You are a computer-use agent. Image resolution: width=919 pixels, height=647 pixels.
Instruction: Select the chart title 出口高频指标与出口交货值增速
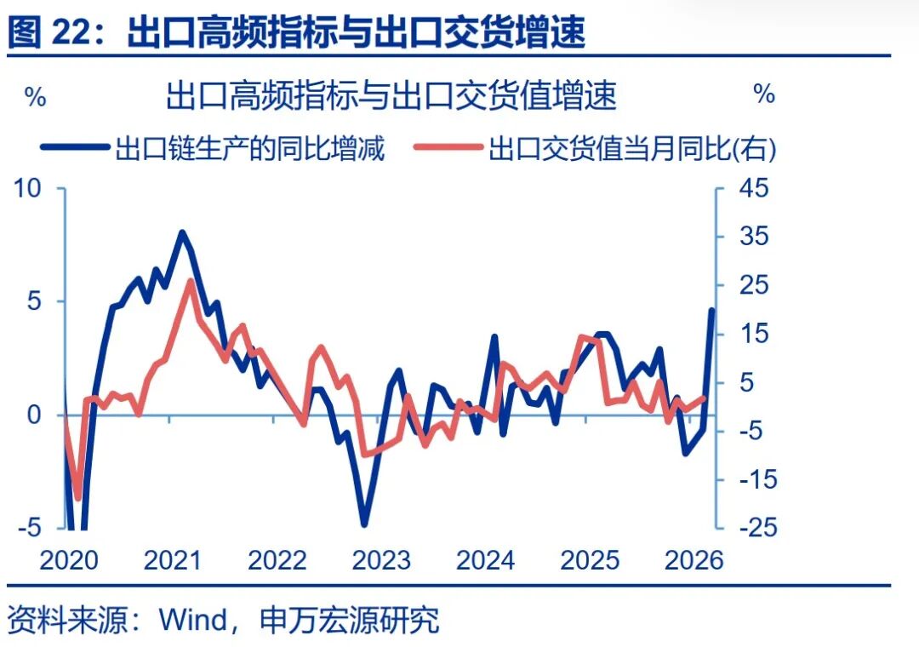[x=391, y=95]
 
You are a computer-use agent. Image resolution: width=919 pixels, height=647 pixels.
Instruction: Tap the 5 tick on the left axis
[x=34, y=301]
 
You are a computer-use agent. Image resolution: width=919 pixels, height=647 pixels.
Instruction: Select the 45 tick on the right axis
[x=752, y=188]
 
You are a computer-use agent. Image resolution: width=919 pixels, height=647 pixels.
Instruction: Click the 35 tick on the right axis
[x=752, y=237]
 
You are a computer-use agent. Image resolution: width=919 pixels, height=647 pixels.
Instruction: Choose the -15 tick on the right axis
[x=749, y=480]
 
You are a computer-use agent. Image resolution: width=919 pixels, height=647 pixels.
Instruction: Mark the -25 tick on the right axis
[x=749, y=529]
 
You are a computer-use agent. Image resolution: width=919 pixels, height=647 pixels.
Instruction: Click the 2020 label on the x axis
[x=69, y=561]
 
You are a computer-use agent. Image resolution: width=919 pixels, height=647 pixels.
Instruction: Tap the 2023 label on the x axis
[x=381, y=561]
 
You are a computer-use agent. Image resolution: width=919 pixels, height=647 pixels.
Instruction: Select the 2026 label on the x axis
[x=694, y=561]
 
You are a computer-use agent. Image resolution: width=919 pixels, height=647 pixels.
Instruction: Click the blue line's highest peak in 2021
[x=181, y=232]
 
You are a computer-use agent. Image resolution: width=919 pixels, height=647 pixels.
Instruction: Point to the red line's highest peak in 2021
[x=191, y=282]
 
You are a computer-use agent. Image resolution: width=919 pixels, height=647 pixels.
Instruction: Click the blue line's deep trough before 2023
[x=364, y=524]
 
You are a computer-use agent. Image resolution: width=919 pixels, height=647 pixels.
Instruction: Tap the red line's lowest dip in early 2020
[x=78, y=498]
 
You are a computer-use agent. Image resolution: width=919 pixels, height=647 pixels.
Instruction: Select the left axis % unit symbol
[x=34, y=96]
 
